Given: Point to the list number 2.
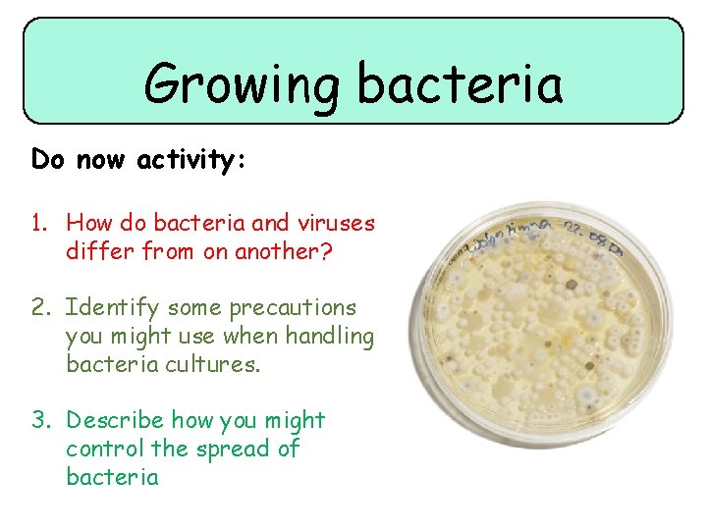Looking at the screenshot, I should tap(39, 308).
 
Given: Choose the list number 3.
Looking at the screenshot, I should tap(39, 421).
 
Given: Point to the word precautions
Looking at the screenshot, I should tap(293, 308).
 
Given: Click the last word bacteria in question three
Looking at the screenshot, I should tap(112, 478).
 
